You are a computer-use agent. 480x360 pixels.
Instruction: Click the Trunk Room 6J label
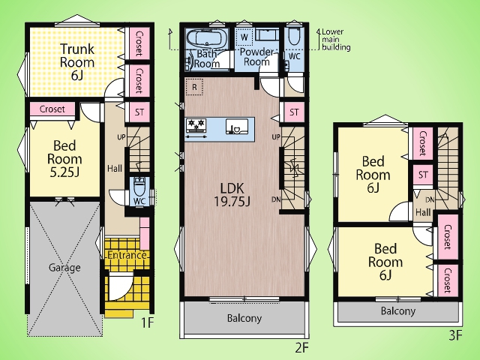(x=76, y=61)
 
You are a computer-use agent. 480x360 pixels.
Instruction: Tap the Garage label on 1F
(x=64, y=268)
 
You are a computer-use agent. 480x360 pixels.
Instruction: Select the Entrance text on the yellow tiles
(x=127, y=255)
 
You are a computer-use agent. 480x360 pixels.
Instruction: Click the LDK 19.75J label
(x=232, y=195)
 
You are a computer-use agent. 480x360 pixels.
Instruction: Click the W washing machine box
(x=244, y=37)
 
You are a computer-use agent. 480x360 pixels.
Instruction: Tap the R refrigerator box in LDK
(x=194, y=87)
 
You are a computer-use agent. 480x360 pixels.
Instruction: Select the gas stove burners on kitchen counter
(x=196, y=125)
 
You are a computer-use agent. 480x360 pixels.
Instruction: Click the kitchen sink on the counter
(x=235, y=126)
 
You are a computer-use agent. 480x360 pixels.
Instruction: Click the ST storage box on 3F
(x=423, y=175)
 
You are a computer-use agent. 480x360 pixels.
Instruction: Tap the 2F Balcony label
(x=244, y=318)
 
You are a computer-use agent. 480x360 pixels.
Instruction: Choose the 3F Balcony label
(x=398, y=311)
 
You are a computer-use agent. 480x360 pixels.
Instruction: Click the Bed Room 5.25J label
(x=64, y=159)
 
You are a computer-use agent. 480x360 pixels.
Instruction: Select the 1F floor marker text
(x=147, y=322)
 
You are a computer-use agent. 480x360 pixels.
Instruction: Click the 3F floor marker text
(x=455, y=336)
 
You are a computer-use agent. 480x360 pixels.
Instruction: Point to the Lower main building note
(x=336, y=40)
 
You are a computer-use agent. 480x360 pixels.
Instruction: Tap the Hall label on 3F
(x=423, y=212)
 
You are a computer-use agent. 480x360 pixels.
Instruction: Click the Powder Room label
(x=256, y=57)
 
